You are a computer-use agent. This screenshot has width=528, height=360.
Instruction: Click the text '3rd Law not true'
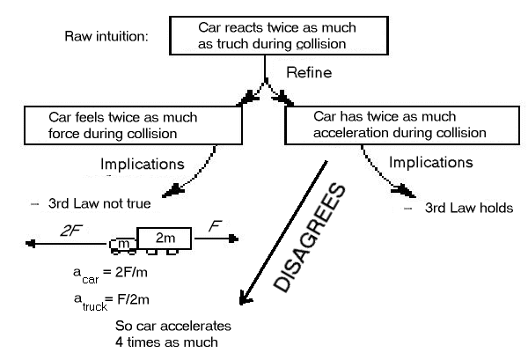(91, 205)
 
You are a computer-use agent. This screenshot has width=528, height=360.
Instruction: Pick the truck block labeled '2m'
(161, 239)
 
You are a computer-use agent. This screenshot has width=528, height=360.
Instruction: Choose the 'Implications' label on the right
(431, 162)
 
